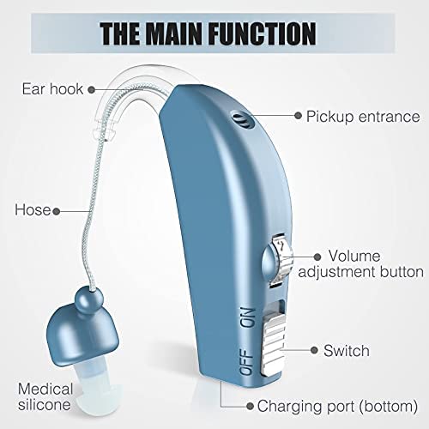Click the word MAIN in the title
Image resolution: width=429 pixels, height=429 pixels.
coord(173,33)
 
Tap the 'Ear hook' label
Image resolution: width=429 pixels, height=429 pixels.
coord(52,89)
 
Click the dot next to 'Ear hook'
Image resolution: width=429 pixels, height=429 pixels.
coord(91,90)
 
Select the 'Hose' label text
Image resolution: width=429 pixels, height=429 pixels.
coord(33,210)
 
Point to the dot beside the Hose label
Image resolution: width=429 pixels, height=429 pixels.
coord(57,212)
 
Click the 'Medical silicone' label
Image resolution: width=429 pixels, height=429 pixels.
coord(45,396)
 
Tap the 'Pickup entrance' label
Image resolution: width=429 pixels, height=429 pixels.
coord(363,117)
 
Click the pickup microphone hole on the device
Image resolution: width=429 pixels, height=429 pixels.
coord(243,119)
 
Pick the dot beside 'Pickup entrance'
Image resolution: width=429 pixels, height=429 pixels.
coord(298,116)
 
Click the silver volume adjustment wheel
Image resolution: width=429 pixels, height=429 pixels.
coord(281,259)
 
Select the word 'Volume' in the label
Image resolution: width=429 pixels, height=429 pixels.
coord(354,256)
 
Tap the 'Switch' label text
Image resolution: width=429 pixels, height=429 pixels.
coord(347,351)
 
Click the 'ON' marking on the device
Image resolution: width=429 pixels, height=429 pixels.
coord(247,317)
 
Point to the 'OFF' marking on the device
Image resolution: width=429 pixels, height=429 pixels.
coord(246,361)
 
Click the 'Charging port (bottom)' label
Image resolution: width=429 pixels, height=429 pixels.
coord(337,406)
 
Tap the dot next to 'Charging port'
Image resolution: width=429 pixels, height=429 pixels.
coord(250,406)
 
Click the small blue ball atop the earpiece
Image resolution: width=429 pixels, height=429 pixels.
coord(89,300)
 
